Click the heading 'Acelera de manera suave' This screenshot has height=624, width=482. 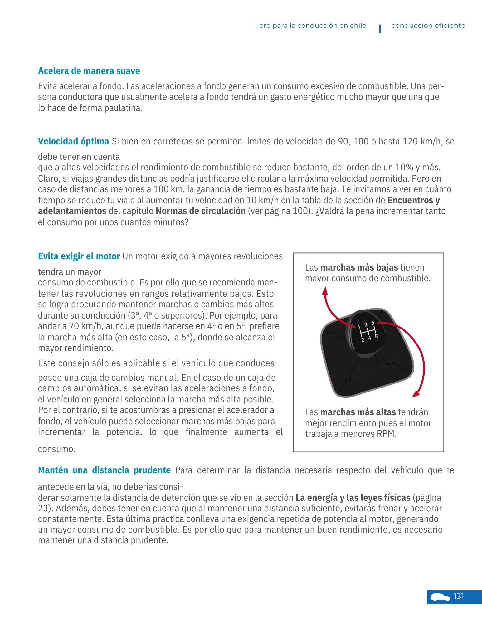[89, 71]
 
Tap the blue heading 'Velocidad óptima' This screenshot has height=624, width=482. [73, 141]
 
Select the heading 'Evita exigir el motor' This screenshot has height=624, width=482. [79, 256]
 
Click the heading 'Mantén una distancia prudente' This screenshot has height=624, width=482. [104, 470]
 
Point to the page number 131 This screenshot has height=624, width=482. [459, 597]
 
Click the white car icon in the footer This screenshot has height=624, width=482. [440, 597]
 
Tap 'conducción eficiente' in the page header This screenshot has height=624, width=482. [428, 26]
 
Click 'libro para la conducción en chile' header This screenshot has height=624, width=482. [310, 26]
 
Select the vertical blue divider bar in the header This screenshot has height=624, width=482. [380, 29]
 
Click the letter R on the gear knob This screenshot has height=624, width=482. [377, 336]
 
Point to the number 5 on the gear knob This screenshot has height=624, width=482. [372, 323]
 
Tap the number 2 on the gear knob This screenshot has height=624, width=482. [363, 340]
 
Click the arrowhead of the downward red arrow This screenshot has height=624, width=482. [415, 394]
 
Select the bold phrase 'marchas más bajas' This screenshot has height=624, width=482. [359, 267]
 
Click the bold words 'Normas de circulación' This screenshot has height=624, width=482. [200, 211]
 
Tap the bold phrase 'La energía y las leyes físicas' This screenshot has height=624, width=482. [353, 498]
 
